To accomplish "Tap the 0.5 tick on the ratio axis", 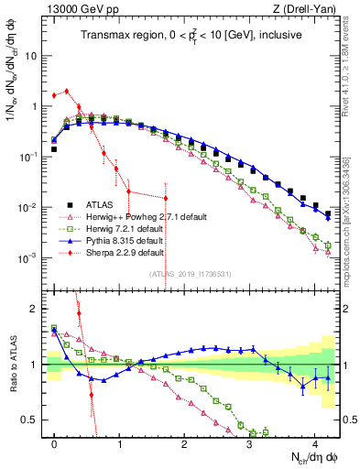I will [x=35, y=420].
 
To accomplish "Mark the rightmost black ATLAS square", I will [x=328, y=213].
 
